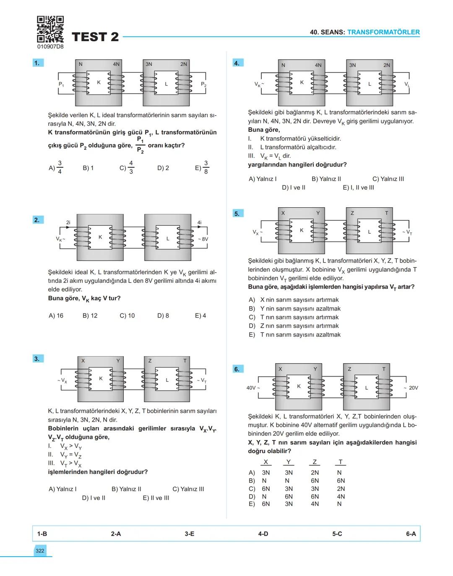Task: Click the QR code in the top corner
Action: [x=50, y=29]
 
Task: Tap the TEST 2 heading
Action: [x=95, y=37]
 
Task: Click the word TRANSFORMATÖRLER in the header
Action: [x=383, y=32]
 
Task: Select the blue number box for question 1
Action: [x=38, y=63]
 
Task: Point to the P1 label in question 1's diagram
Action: [x=61, y=84]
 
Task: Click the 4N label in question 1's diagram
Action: [x=116, y=64]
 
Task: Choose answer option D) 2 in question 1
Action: [x=163, y=168]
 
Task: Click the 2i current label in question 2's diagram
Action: [x=68, y=222]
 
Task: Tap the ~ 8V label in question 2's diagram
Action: [x=203, y=239]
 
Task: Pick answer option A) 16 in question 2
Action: [x=56, y=315]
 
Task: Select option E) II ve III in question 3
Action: [x=156, y=498]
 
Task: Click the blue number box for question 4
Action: [x=237, y=63]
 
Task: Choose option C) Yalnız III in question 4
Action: [x=388, y=179]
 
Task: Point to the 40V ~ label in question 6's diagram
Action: [x=253, y=388]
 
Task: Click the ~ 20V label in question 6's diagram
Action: [x=411, y=388]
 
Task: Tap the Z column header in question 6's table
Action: [x=315, y=462]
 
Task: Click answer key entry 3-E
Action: [x=190, y=534]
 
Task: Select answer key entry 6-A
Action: [x=411, y=534]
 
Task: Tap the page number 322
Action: [x=40, y=551]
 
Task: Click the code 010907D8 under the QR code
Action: [x=50, y=47]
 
